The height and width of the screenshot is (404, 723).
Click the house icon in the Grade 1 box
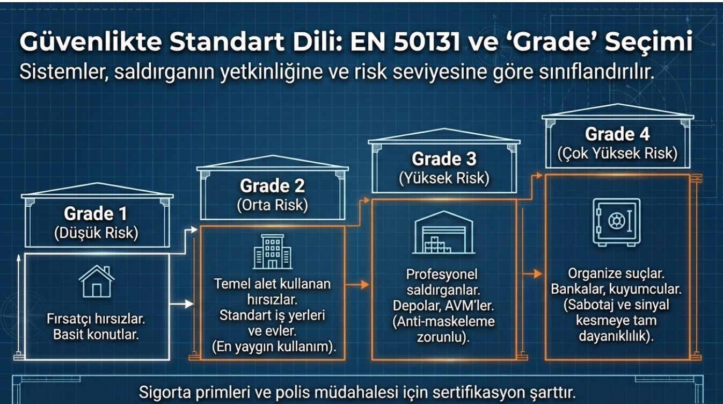97,281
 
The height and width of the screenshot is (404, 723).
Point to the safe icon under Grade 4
617,221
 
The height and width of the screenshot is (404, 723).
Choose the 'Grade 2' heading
272,186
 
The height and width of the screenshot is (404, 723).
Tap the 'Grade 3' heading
444,159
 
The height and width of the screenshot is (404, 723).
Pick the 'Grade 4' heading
617,133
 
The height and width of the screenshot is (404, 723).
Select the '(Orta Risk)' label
272,205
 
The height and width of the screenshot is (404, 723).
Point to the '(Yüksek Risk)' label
444,178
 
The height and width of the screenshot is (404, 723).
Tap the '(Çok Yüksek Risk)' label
617,153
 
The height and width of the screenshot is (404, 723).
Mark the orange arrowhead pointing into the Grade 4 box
538,275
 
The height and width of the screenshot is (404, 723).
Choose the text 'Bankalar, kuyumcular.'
617,290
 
